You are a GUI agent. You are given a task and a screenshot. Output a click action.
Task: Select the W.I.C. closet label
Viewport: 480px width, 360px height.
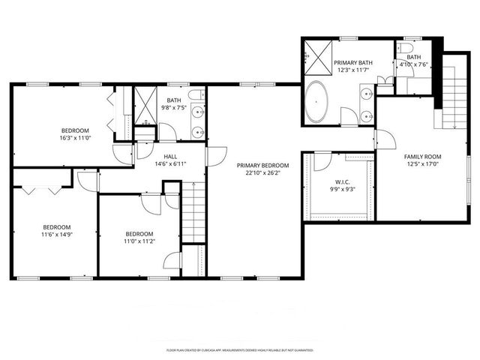(337, 181)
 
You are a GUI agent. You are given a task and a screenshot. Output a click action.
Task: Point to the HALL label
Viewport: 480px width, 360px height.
(170, 156)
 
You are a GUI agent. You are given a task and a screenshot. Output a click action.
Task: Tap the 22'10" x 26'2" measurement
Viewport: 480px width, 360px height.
(259, 173)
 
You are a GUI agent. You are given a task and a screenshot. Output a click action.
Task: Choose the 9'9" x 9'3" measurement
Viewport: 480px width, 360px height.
(337, 190)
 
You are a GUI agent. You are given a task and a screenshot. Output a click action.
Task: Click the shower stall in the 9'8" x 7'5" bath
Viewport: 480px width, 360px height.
(142, 109)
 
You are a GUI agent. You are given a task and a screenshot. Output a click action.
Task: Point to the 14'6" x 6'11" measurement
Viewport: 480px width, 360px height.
(170, 163)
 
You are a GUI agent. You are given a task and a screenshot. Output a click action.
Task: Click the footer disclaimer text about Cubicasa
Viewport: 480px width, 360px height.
(239, 350)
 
